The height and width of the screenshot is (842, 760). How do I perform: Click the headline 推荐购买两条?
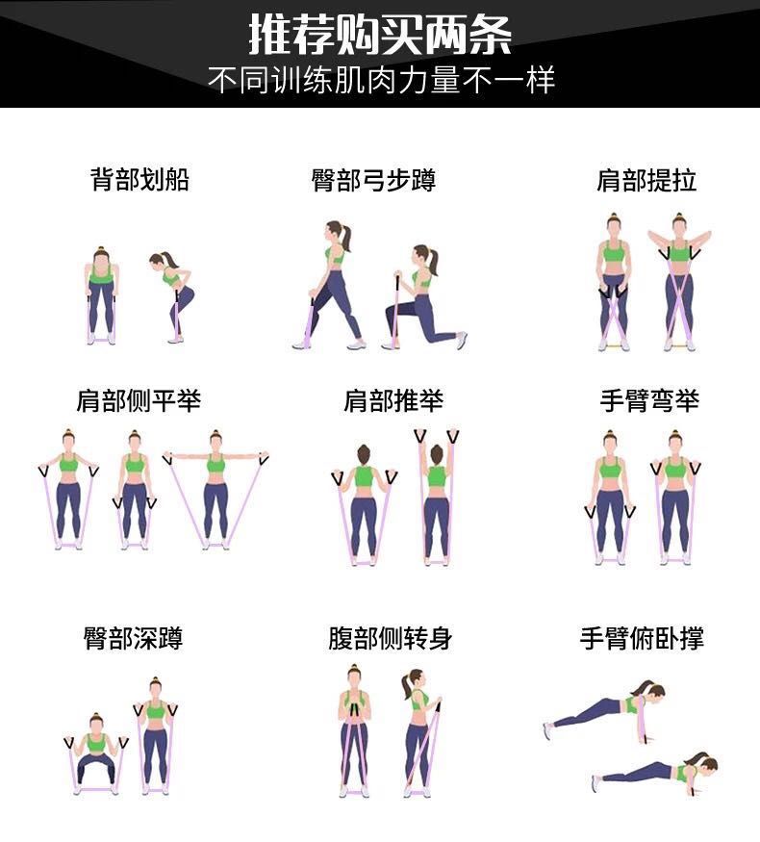[380, 35]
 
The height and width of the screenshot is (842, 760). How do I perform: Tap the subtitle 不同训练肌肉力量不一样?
[381, 81]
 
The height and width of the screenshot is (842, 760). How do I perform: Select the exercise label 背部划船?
[140, 179]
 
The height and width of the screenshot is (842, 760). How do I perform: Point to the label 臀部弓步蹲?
[373, 180]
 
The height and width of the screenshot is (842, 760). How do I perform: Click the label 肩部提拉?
[646, 181]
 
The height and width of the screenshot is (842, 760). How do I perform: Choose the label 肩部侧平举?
[139, 400]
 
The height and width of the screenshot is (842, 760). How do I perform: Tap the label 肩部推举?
[393, 400]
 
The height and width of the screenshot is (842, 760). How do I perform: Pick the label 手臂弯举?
[649, 400]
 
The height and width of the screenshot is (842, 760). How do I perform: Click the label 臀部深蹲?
[133, 638]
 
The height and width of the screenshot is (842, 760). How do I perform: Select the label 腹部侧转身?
[391, 638]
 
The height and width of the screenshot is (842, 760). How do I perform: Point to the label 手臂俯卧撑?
[642, 638]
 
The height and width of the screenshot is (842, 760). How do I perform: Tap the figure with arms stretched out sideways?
[215, 489]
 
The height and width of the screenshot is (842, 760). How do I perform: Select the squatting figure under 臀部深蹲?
[96, 753]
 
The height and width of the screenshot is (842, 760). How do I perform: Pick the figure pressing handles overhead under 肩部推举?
[437, 497]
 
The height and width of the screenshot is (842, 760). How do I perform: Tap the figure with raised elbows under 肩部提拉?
[679, 282]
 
